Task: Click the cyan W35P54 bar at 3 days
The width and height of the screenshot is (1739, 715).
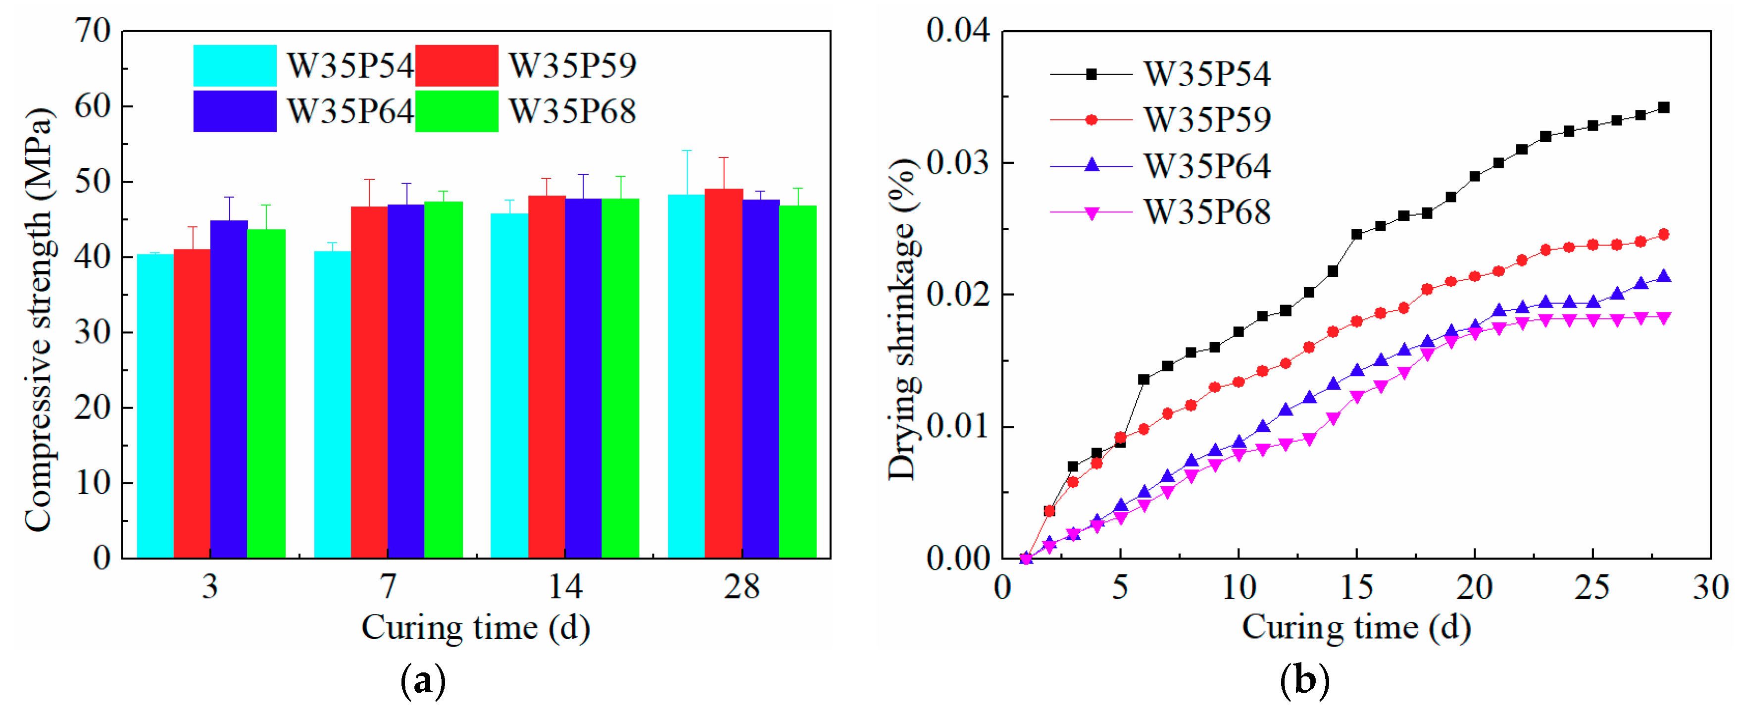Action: click(155, 405)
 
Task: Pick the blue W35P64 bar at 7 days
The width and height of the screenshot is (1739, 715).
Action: click(406, 381)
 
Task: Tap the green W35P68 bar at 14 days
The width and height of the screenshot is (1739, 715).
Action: click(620, 378)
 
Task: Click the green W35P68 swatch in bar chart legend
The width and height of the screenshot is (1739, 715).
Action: click(456, 111)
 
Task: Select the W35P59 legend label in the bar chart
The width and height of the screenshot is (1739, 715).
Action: click(572, 65)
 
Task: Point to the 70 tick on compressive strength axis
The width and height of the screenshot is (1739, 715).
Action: click(93, 31)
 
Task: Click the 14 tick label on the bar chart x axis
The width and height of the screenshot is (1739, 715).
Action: click(564, 587)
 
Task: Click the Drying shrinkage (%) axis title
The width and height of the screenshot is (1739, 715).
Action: click(902, 319)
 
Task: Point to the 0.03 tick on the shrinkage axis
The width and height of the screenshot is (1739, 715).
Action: click(957, 163)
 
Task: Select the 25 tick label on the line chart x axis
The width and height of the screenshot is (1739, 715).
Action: click(1592, 587)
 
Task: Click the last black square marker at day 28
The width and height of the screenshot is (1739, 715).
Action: click(1663, 107)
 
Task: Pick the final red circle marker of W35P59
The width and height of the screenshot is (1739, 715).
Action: click(1663, 234)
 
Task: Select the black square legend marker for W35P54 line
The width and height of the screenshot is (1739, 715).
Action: click(1091, 74)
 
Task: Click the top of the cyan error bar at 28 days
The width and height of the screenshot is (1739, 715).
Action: click(687, 151)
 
